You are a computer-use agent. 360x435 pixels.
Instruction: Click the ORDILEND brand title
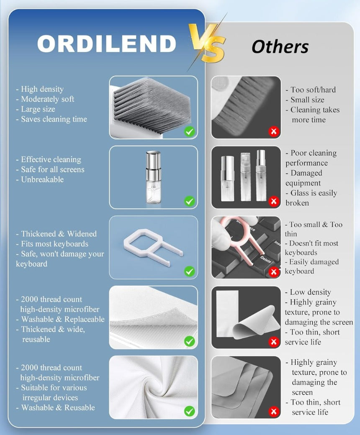click(x=107, y=43)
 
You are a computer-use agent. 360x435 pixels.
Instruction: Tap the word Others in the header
click(x=280, y=46)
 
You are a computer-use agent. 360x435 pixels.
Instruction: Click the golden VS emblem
click(x=207, y=43)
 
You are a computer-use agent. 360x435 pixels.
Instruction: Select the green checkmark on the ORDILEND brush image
click(x=190, y=131)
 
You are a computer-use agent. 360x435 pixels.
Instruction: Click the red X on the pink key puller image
click(x=274, y=271)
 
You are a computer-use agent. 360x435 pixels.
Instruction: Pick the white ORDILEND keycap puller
click(x=153, y=246)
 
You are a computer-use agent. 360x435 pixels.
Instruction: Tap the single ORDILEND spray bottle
click(x=153, y=177)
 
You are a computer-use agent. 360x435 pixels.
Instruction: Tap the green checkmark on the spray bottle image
click(x=190, y=201)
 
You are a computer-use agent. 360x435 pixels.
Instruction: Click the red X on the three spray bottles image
click(x=274, y=201)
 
